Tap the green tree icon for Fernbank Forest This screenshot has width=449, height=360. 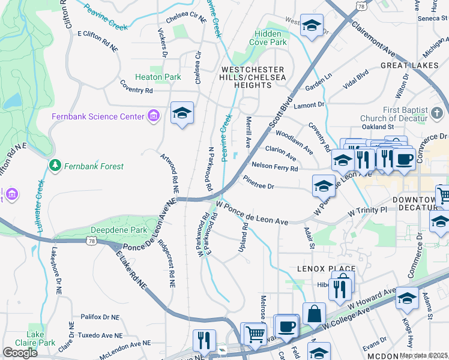coord(55,165)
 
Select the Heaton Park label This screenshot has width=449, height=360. coord(158,77)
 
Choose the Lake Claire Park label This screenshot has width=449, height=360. coord(40,338)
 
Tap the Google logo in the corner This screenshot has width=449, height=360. coord(20,353)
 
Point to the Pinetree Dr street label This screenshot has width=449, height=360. coord(259,182)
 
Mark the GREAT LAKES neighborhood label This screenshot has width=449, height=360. coord(409,64)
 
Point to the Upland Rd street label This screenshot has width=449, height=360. coord(244,236)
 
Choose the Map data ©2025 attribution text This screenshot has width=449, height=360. coord(423,355)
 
